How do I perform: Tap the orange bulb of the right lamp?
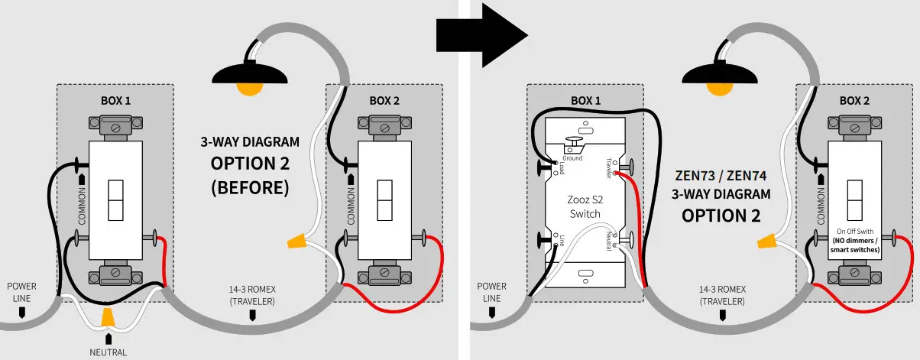pyautogui.click(x=719, y=88)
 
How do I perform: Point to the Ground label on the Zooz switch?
pyautogui.click(x=572, y=158)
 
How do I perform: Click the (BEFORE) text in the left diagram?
pyautogui.click(x=250, y=186)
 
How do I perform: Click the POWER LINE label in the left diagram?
pyautogui.click(x=22, y=291)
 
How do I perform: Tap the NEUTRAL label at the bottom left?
pyautogui.click(x=109, y=352)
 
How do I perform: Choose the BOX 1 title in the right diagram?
pyautogui.click(x=585, y=100)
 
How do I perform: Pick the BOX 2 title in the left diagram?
pyautogui.click(x=384, y=100)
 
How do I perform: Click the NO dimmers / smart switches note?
pyautogui.click(x=855, y=245)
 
